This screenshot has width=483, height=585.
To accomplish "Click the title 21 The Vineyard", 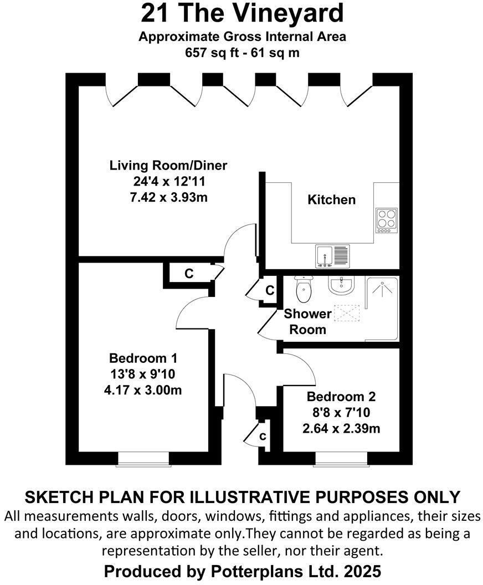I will pyautogui.click(x=242, y=14).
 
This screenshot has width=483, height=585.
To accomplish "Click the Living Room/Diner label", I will pyautogui.click(x=168, y=165).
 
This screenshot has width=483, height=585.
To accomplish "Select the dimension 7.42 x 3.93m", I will pyautogui.click(x=168, y=197).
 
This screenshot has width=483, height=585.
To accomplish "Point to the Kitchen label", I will pyautogui.click(x=331, y=199).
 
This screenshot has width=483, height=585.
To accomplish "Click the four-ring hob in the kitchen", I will pyautogui.click(x=386, y=220).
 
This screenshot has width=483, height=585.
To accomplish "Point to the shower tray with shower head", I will pyautogui.click(x=382, y=307).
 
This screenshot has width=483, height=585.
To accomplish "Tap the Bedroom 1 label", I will pyautogui.click(x=143, y=357).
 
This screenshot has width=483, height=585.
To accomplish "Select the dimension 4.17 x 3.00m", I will pyautogui.click(x=143, y=390).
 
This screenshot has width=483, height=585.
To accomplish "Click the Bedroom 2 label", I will pyautogui.click(x=341, y=397).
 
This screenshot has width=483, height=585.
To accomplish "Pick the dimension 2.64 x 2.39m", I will pyautogui.click(x=341, y=429).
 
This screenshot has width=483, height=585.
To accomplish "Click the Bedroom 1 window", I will pyautogui.click(x=143, y=459).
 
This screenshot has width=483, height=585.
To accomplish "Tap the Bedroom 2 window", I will pyautogui.click(x=340, y=459).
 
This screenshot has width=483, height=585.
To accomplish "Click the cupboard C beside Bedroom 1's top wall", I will pyautogui.click(x=188, y=274).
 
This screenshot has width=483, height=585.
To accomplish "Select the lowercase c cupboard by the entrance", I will pyautogui.click(x=263, y=436).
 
